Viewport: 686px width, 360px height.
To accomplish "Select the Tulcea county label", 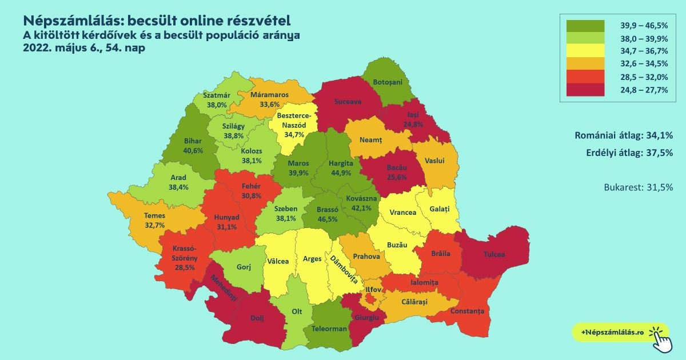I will (494, 254).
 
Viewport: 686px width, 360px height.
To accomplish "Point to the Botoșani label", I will (388, 82).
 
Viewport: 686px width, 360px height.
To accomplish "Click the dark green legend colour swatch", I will (585, 25).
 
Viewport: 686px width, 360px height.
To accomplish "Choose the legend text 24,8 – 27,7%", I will (644, 89).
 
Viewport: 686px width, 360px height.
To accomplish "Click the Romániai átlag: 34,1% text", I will (623, 136).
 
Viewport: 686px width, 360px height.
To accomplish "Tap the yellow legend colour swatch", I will (585, 51).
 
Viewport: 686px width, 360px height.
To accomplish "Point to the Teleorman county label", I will (329, 329).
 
